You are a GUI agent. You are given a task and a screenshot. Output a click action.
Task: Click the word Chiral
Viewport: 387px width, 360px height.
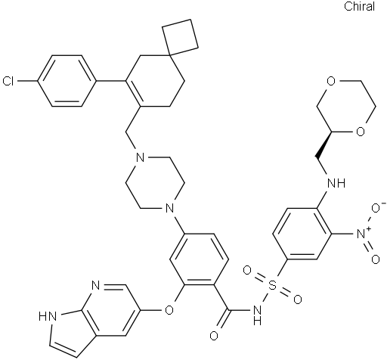(x=359, y=6)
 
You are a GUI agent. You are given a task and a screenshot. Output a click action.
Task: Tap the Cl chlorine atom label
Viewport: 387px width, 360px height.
(x=8, y=82)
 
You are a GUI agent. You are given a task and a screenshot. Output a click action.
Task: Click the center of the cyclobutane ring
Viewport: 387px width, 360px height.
(x=180, y=36)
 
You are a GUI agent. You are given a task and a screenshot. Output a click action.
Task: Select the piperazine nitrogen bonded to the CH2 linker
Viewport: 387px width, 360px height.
(x=140, y=158)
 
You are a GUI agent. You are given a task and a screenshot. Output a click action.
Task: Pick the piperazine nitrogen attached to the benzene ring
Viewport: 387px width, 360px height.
(x=169, y=209)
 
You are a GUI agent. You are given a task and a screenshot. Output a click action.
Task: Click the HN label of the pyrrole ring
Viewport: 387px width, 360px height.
(x=46, y=316)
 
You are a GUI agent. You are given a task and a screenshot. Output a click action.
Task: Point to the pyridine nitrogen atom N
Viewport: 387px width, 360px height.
(x=96, y=286)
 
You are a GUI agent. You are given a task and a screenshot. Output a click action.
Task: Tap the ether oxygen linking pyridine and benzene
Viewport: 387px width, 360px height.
(x=170, y=309)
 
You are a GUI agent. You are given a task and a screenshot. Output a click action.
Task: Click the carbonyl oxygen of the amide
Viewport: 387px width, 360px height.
(x=214, y=336)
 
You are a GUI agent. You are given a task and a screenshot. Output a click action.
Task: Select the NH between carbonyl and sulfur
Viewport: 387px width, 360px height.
(x=257, y=314)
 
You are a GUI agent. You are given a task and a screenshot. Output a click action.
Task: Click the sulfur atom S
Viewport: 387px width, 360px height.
(x=271, y=285)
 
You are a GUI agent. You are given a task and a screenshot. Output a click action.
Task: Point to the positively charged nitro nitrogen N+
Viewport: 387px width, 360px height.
(x=363, y=234)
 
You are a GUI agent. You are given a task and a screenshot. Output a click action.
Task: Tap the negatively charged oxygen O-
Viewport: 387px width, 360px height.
(x=378, y=208)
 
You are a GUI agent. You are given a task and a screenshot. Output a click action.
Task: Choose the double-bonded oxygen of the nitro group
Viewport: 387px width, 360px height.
(x=376, y=259)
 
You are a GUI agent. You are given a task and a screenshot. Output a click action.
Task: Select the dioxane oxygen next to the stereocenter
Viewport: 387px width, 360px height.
(x=361, y=132)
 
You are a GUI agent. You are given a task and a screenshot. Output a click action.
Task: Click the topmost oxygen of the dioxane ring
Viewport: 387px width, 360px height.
(x=331, y=81)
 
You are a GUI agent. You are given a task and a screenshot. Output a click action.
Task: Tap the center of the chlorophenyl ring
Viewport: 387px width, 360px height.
(x=67, y=81)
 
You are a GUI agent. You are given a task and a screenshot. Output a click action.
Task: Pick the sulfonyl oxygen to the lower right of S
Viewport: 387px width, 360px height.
(x=298, y=299)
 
